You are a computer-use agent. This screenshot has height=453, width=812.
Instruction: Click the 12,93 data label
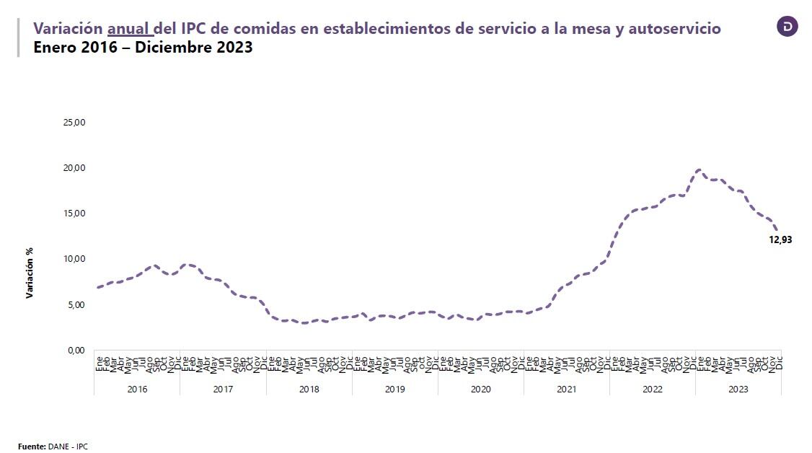(x=780, y=240)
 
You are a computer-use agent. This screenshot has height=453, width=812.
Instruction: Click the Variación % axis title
(x=30, y=273)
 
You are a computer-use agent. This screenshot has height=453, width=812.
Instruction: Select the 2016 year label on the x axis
(x=137, y=390)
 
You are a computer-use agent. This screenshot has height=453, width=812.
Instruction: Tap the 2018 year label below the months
(x=309, y=390)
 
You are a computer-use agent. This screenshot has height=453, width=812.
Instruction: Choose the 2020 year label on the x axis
(x=480, y=390)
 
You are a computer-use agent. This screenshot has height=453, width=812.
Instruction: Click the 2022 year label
(x=653, y=390)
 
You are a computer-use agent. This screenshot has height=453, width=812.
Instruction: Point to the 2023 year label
(x=738, y=390)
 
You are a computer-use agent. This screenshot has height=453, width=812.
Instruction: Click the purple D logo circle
(x=787, y=27)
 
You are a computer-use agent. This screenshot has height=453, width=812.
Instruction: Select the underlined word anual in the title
(x=129, y=29)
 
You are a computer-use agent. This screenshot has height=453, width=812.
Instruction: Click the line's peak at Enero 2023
(x=698, y=170)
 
